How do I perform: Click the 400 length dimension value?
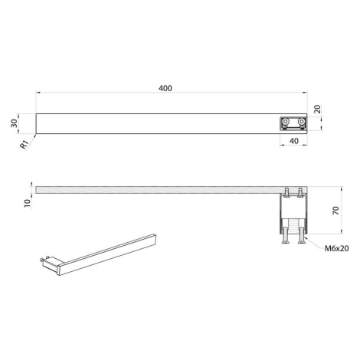pos(165,88)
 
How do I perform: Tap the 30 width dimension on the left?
pos(15,123)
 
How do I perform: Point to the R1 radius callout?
pos(25,145)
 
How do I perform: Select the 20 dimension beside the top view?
pos(317,109)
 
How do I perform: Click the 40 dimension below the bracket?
pos(294,141)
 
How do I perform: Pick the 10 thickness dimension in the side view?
pos(27,203)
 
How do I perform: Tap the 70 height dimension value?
pos(336,210)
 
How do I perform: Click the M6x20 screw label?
pos(336,248)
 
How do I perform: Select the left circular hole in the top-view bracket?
pos(285,121)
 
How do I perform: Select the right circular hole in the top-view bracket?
pos(302,121)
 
